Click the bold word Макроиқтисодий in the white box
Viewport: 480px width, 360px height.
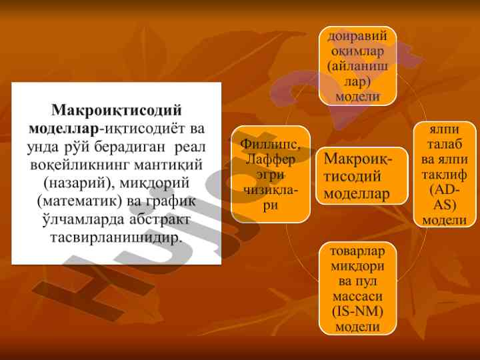point(116,110)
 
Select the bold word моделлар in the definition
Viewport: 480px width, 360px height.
point(64,129)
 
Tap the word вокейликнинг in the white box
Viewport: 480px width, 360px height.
point(80,165)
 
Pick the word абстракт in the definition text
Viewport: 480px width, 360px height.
point(159,219)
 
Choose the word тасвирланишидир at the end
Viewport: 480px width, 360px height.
point(116,238)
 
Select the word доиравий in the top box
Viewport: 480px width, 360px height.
point(357,37)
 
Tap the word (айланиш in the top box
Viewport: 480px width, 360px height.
point(357,67)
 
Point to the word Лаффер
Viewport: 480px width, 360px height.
point(270,159)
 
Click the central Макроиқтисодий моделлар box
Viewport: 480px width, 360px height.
point(362,176)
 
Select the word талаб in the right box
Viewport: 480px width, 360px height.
point(445,144)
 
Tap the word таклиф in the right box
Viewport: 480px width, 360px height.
point(445,175)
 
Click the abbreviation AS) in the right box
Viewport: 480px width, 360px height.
point(445,205)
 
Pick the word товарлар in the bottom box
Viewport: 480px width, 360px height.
point(357,251)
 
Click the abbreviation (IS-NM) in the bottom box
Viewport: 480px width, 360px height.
point(357,311)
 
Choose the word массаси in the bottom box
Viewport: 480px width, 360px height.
point(357,296)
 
